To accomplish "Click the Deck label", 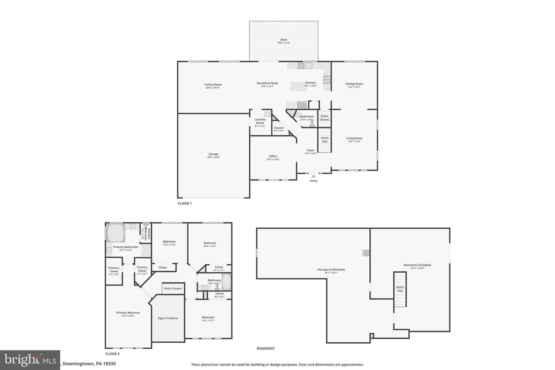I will (283, 40).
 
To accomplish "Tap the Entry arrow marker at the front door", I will (314, 176).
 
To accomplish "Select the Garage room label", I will (214, 154).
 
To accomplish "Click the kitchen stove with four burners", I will (327, 80).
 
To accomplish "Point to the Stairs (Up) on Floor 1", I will (324, 140).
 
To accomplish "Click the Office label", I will (273, 156).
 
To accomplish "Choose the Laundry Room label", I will (260, 121).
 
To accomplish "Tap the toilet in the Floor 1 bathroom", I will (312, 124).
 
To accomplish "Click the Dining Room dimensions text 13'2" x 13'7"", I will (354, 87).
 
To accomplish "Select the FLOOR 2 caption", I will (112, 354).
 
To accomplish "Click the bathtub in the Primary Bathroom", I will (116, 233).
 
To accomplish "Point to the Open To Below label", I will (168, 318).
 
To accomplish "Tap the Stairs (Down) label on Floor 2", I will (173, 288).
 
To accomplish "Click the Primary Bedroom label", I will (128, 313).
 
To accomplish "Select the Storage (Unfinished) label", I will (331, 270).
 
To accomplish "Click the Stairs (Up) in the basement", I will (400, 289).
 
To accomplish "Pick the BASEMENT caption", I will (266, 348).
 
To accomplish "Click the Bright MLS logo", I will (30, 360).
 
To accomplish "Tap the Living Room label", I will (354, 138).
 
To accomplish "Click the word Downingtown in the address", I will (78, 364).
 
